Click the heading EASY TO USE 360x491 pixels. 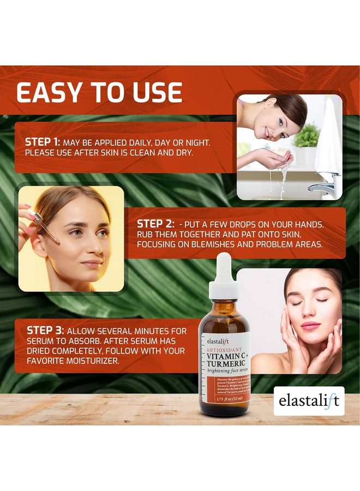click(x=99, y=93)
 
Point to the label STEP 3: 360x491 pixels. click(x=46, y=331)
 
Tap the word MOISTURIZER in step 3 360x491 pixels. click(x=99, y=361)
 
